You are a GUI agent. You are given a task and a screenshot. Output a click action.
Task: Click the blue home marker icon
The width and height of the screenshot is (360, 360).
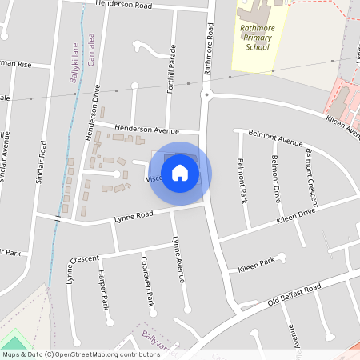pyautogui.click(x=180, y=173)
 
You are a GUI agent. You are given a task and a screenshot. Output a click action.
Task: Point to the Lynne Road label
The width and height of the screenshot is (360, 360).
pyautogui.click(x=133, y=215)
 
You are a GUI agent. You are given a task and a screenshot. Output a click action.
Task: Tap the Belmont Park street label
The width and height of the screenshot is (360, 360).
pyautogui.click(x=242, y=181)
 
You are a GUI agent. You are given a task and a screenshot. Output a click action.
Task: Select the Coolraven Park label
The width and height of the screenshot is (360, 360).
pyautogui.click(x=147, y=281)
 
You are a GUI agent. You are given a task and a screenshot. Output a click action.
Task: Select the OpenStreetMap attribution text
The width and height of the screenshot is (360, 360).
pyautogui.click(x=70, y=354)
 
